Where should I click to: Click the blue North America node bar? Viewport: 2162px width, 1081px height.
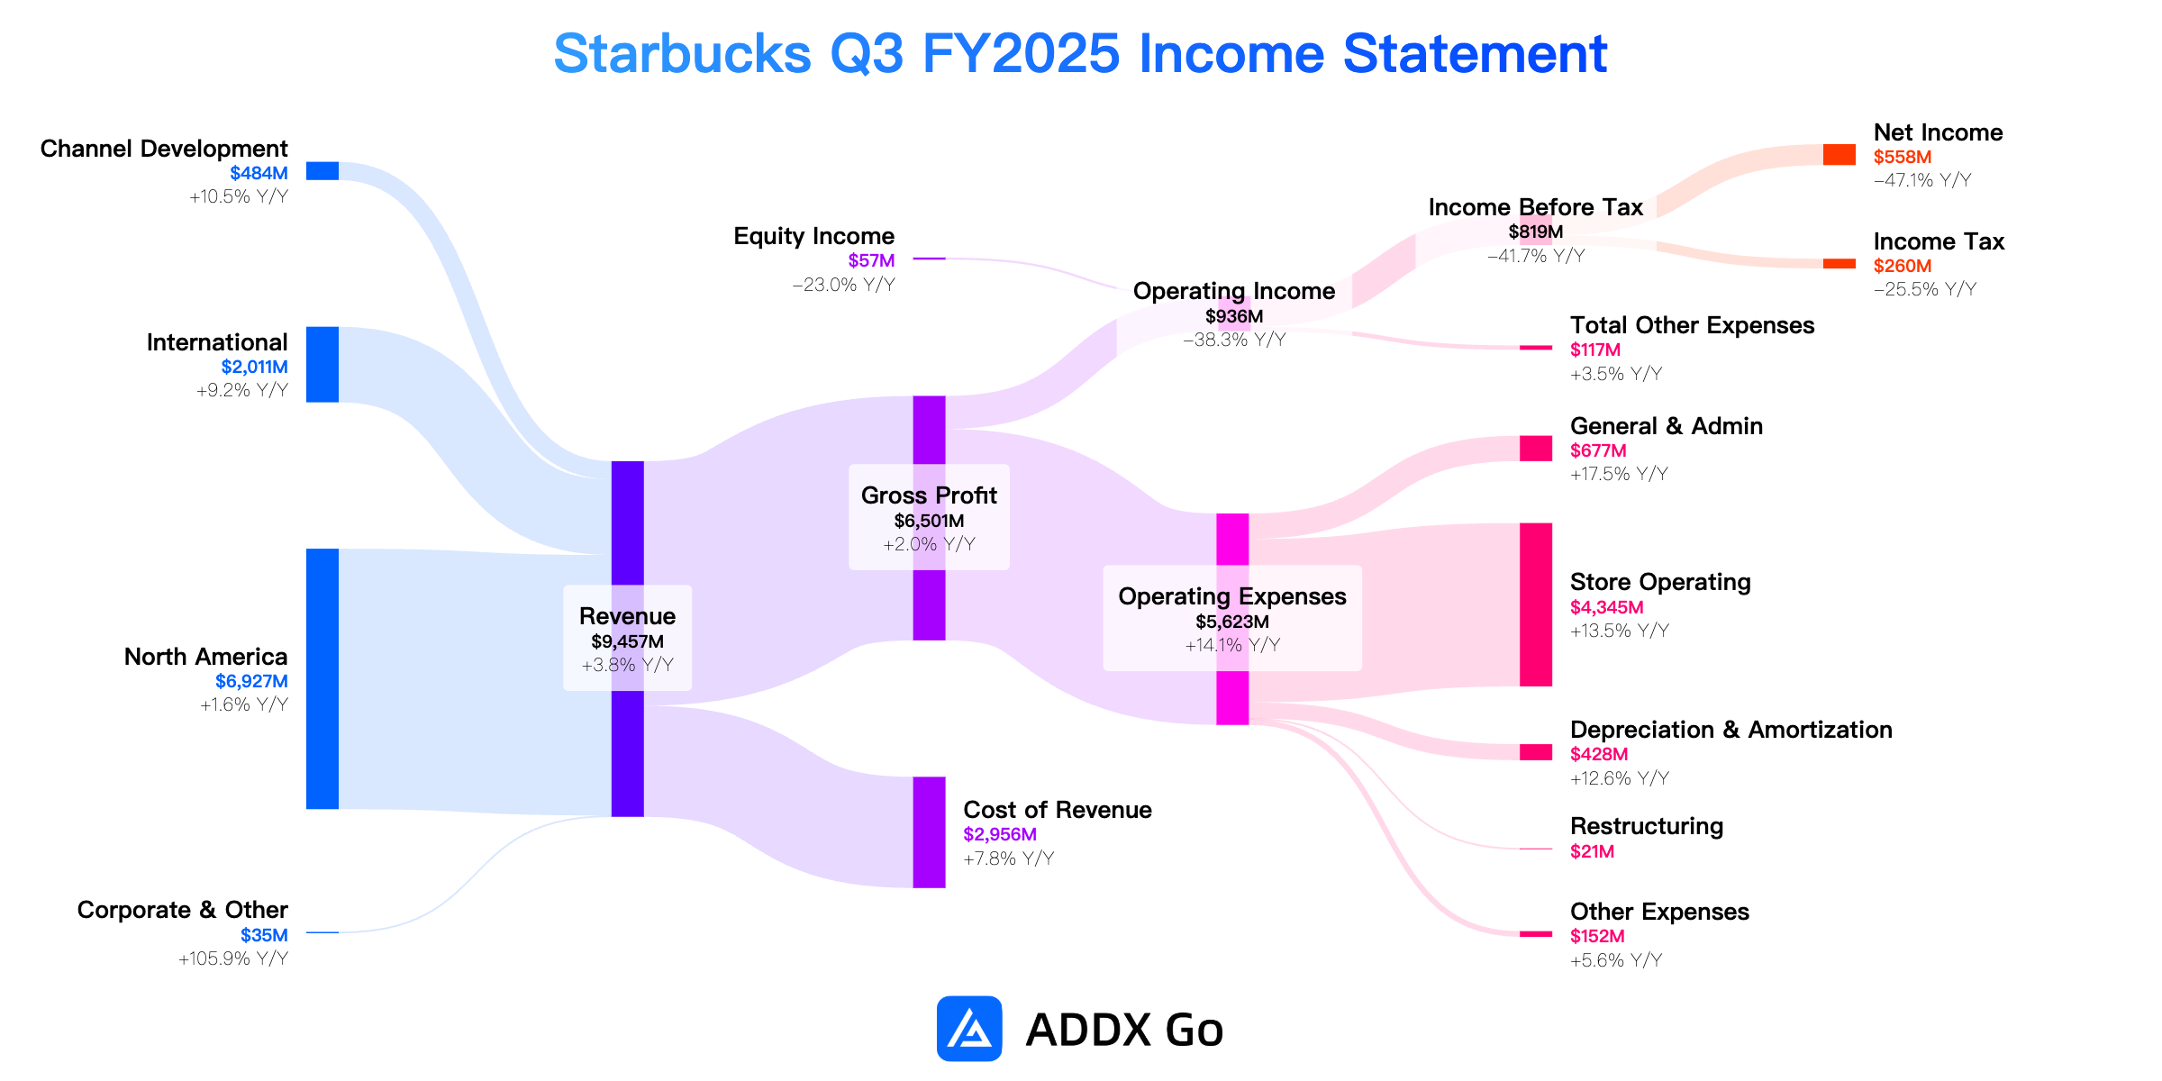[322, 678]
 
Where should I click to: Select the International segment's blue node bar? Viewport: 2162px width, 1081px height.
[322, 364]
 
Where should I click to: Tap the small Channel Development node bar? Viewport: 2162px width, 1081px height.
[322, 171]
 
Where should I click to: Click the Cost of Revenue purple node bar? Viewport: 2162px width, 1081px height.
[929, 832]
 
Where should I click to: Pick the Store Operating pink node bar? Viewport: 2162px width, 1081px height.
[1536, 604]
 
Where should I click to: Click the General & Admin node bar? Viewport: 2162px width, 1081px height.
[1536, 449]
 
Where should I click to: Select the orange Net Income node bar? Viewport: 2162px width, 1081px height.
[1840, 155]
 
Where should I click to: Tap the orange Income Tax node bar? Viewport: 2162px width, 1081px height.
[1840, 264]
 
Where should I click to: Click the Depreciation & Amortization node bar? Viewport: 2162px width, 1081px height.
[1536, 752]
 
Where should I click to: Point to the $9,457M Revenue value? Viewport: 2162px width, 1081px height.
[627, 641]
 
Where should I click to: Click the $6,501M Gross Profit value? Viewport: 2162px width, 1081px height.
[929, 521]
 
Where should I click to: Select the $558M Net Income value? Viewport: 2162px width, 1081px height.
[1903, 157]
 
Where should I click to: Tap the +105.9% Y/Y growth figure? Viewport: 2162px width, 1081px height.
[233, 958]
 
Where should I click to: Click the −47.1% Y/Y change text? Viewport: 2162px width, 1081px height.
[1922, 180]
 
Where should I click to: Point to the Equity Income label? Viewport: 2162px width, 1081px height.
[814, 236]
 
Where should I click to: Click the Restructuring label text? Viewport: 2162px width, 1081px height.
[1647, 826]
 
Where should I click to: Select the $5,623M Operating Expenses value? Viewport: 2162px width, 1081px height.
[1232, 622]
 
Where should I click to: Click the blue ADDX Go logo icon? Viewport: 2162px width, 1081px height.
[969, 1029]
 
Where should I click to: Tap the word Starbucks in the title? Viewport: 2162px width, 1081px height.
[682, 54]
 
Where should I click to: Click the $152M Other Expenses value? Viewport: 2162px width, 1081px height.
[1597, 936]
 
